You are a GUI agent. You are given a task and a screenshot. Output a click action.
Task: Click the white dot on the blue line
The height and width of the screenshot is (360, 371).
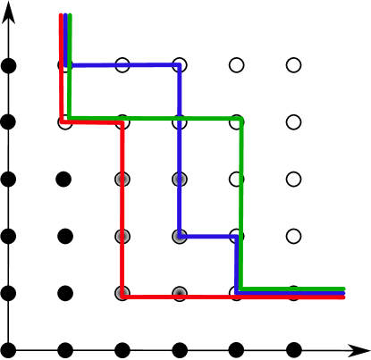(x=122, y=65)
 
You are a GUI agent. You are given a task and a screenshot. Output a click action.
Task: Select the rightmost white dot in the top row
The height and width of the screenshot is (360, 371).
(x=293, y=65)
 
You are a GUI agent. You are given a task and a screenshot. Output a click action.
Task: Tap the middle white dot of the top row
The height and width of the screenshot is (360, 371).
(x=236, y=65)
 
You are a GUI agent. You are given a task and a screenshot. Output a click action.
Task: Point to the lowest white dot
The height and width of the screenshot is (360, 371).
(x=293, y=122)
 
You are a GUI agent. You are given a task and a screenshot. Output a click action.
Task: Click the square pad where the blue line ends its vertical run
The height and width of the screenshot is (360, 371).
(x=180, y=237)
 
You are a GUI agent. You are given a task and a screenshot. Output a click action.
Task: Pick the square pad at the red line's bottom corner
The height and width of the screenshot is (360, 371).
(x=122, y=294)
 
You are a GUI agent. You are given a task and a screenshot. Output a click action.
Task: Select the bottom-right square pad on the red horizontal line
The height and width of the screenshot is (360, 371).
(x=180, y=294)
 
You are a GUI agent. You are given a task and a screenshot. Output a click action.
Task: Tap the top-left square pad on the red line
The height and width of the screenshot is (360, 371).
(x=122, y=180)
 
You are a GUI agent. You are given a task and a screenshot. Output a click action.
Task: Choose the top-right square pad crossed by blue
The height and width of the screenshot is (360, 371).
(x=180, y=180)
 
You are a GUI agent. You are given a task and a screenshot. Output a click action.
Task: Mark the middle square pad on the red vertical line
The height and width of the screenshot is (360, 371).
(x=122, y=237)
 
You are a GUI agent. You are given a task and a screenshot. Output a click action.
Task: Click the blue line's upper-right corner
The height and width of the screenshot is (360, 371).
(x=180, y=65)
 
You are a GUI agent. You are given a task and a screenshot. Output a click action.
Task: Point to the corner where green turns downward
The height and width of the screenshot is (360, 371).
(x=241, y=118)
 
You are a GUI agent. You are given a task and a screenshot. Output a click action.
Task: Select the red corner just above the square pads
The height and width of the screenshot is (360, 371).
(x=122, y=122)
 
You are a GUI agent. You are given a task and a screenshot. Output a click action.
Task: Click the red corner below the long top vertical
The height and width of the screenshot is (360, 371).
(x=62, y=121)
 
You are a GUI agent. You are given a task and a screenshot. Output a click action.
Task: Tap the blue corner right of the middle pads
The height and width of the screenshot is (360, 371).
(x=237, y=237)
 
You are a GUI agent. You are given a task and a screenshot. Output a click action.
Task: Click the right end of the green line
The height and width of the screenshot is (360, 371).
(x=344, y=289)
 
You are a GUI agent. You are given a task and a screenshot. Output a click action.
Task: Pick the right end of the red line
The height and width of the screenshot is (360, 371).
(x=344, y=297)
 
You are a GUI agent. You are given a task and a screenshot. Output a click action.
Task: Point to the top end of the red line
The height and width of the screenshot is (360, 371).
(x=61, y=15)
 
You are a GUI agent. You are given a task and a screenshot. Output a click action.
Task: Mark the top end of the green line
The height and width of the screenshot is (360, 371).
(x=70, y=15)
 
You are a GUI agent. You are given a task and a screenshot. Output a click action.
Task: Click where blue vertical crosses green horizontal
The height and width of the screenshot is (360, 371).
(x=180, y=118)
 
